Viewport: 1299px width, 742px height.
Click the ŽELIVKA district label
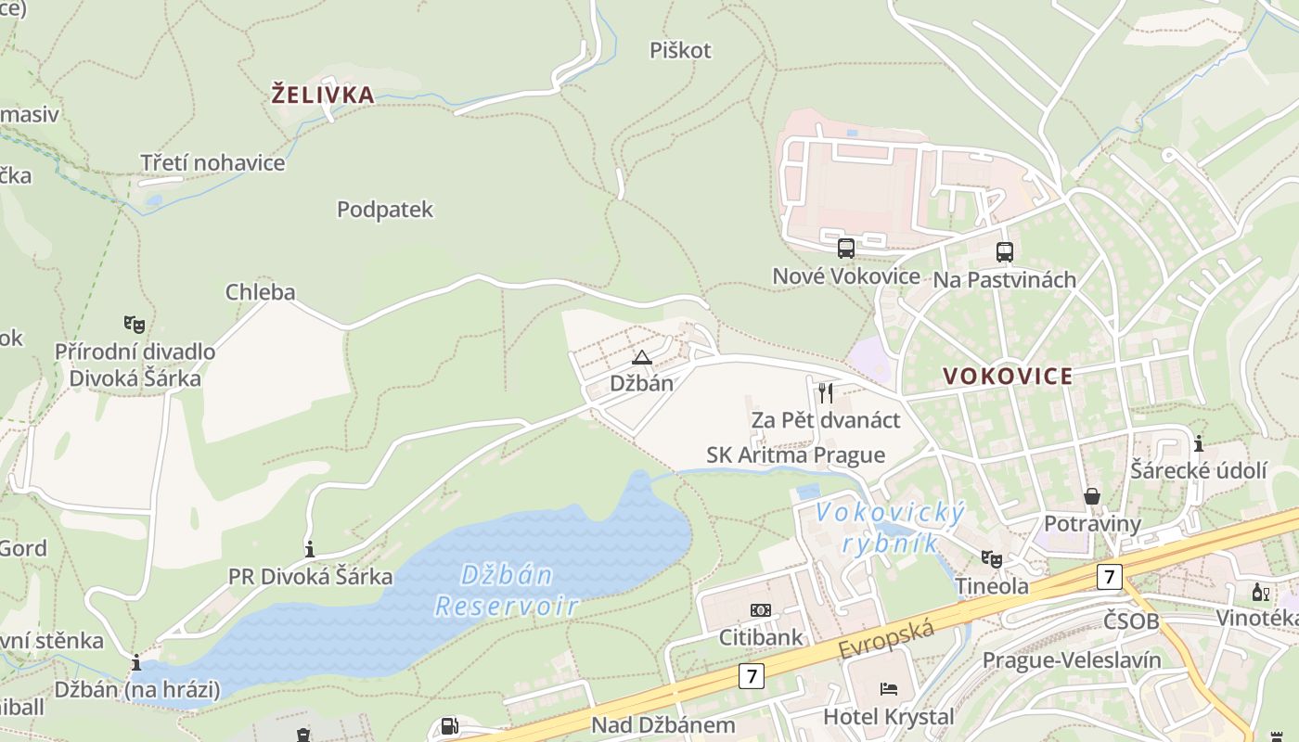click(323, 95)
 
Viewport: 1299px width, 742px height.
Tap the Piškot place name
click(680, 50)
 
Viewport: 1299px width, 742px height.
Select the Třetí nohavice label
click(212, 163)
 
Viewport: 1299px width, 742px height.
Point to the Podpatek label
click(385, 210)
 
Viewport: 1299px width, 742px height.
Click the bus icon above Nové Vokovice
click(845, 249)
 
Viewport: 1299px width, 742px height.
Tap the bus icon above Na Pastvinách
click(1004, 251)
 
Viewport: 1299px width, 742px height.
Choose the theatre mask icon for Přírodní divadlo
click(135, 325)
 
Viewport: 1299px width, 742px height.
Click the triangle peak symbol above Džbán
click(641, 357)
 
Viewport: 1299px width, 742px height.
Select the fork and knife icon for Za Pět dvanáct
click(826, 392)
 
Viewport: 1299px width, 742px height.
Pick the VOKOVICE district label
click(1008, 377)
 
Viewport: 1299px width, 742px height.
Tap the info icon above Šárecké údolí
click(1199, 443)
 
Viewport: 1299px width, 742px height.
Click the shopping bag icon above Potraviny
click(1092, 496)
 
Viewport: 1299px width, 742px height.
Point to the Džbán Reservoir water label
click(507, 591)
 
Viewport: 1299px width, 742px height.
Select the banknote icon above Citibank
click(760, 610)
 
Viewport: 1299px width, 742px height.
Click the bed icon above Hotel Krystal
click(888, 689)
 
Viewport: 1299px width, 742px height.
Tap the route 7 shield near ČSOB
click(1108, 576)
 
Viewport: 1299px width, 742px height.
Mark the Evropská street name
click(885, 640)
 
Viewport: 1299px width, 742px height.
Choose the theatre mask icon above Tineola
click(992, 558)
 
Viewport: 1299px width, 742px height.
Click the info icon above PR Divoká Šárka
click(310, 548)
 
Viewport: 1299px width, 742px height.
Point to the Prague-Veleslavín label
click(1072, 660)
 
